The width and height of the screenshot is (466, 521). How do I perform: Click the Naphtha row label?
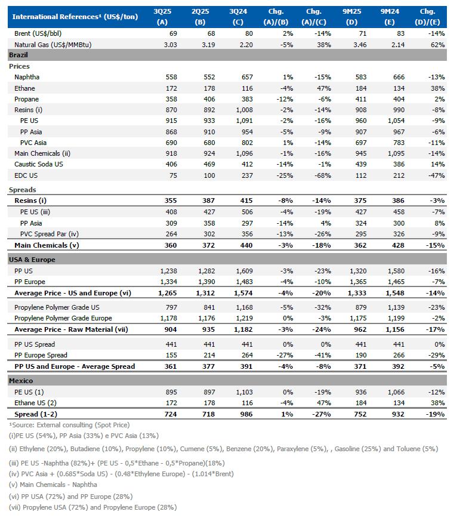click(27, 78)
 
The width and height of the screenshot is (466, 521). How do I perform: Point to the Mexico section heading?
click(21, 380)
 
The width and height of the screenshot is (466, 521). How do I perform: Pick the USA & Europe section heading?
click(32, 260)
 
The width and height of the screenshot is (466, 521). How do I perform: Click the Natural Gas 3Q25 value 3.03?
click(161, 45)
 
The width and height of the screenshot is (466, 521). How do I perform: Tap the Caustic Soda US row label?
click(40, 165)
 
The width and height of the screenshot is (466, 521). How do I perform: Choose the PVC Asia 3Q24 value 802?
click(245, 143)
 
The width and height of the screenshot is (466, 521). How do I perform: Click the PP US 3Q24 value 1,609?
click(242, 271)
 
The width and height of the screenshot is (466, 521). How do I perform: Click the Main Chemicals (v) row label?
click(47, 245)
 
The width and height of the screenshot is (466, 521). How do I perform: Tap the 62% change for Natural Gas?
click(436, 45)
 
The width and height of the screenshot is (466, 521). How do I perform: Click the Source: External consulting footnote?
click(69, 425)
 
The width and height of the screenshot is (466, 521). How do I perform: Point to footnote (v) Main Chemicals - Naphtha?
click(53, 485)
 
